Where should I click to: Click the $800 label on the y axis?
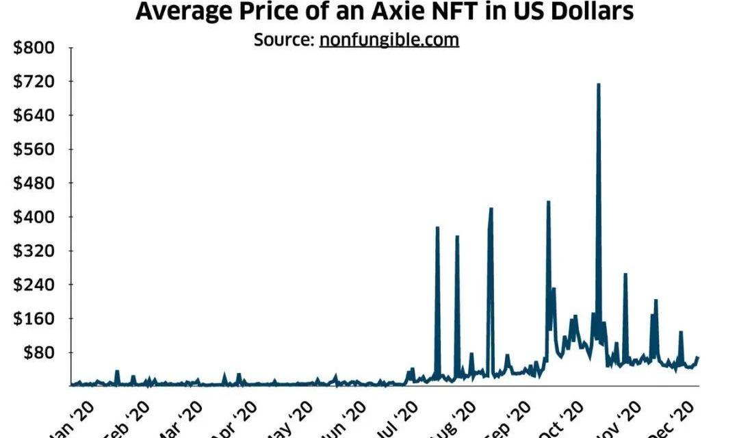pyautogui.click(x=34, y=48)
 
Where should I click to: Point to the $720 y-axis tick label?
pyautogui.click(x=34, y=81)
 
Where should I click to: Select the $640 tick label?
pyautogui.click(x=34, y=116)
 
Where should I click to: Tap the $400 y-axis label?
pyautogui.click(x=34, y=217)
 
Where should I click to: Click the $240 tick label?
pyautogui.click(x=34, y=285)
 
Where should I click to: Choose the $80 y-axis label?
pyautogui.click(x=37, y=352)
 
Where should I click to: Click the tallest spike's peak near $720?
pyautogui.click(x=598, y=85)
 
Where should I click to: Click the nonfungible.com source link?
pyautogui.click(x=389, y=40)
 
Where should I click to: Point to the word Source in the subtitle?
pyautogui.click(x=283, y=40)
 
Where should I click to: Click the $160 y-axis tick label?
pyautogui.click(x=34, y=319)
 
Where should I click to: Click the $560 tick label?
pyautogui.click(x=34, y=149)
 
